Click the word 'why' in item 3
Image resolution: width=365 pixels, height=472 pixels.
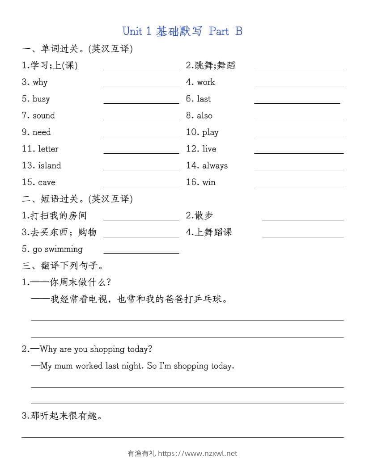pyautogui.click(x=40, y=82)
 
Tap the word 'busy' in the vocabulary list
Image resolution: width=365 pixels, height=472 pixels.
pyautogui.click(x=41, y=99)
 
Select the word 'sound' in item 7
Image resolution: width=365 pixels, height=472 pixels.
pyautogui.click(x=44, y=115)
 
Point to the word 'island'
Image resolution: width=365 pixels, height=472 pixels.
pyautogui.click(x=49, y=165)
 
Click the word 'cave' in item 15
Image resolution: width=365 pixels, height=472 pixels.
pyautogui.click(x=47, y=182)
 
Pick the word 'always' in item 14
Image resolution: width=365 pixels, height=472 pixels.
pyautogui.click(x=215, y=165)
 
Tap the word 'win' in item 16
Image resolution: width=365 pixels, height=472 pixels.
pyautogui.click(x=209, y=182)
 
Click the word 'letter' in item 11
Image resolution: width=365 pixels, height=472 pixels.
pyautogui.click(x=48, y=149)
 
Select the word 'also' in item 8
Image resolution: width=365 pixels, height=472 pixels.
pyautogui.click(x=205, y=115)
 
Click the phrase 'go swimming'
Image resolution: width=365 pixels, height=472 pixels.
pyautogui.click(x=58, y=249)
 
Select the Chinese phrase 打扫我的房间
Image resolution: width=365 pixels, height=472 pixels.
pyautogui.click(x=59, y=215)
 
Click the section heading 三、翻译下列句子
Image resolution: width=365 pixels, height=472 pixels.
pyautogui.click(x=63, y=265)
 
